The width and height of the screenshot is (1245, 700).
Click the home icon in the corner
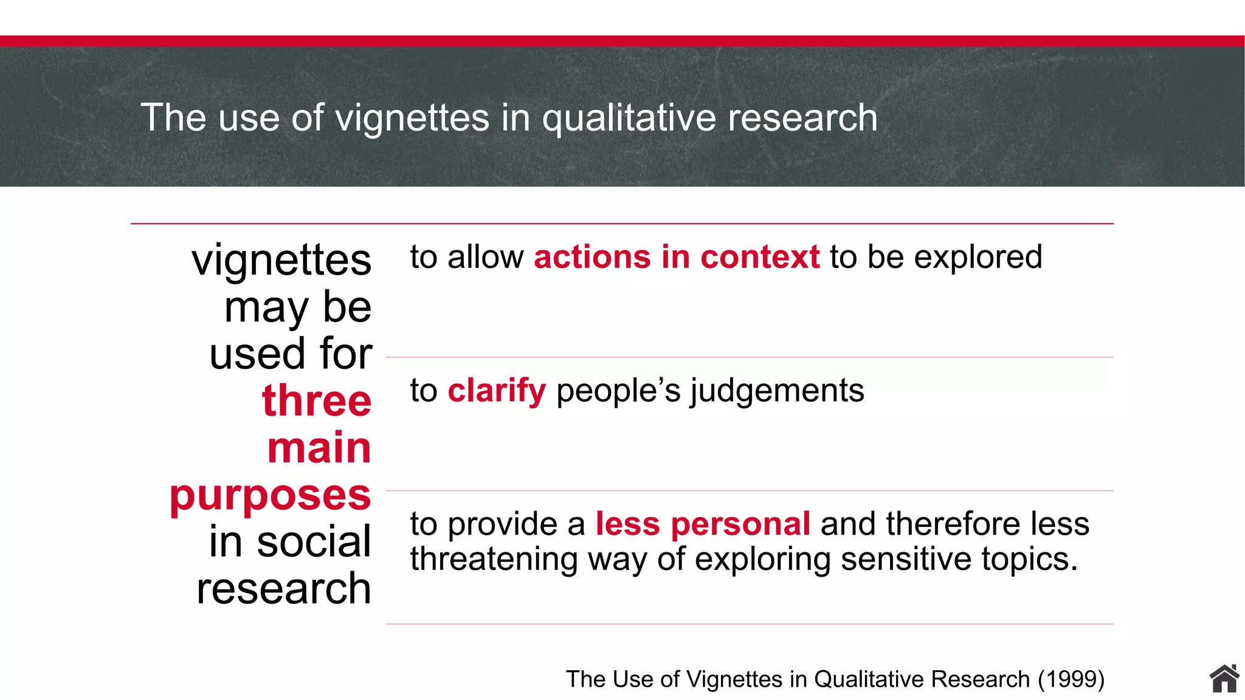click(1224, 679)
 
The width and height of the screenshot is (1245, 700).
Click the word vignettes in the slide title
click(412, 118)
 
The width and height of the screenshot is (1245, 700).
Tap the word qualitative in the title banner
click(629, 118)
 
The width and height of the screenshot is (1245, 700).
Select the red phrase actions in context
click(677, 256)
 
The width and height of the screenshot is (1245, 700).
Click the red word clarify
click(497, 390)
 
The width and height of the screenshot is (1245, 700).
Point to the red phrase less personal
click(702, 524)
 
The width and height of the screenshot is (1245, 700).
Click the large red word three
click(317, 401)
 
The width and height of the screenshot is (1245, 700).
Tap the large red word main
click(319, 448)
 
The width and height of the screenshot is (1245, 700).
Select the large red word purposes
click(271, 495)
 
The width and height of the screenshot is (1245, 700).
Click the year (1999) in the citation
click(1071, 679)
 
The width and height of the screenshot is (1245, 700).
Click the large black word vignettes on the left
click(281, 260)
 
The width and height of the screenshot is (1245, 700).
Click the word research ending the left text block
click(284, 589)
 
